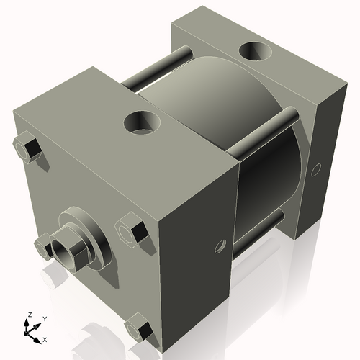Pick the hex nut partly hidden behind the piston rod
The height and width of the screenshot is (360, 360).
click(x=45, y=246)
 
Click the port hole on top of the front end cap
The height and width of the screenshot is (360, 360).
click(x=141, y=123)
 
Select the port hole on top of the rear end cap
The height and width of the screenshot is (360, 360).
click(x=255, y=52)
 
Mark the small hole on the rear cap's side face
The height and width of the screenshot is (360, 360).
click(x=314, y=170)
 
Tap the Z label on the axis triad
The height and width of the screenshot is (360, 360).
click(x=28, y=315)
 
